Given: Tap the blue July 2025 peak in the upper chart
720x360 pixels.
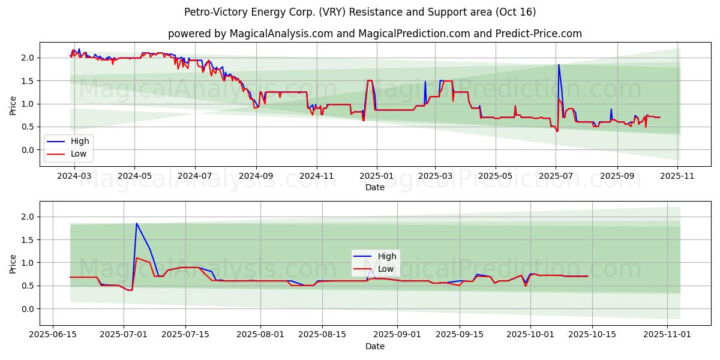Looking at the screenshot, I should point(559,65).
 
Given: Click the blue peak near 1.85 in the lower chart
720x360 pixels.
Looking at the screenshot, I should point(136,224).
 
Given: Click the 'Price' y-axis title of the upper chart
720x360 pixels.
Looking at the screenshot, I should point(13,106).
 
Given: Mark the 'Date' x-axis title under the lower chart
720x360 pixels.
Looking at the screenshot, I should point(375,346).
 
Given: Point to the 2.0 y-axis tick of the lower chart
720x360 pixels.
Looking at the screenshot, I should point(30,217).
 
